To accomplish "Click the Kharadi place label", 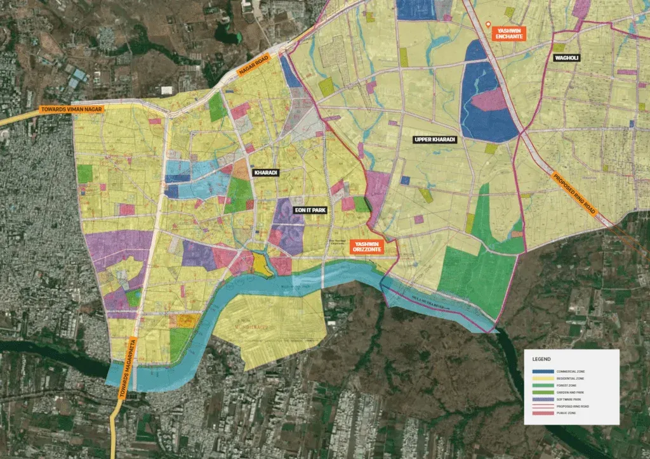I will click(x=267, y=172).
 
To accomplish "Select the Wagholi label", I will click(x=567, y=58).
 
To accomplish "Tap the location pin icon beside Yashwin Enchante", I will click(x=488, y=25).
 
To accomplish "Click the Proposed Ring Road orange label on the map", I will click(x=571, y=196).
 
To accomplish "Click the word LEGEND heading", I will click(x=541, y=359).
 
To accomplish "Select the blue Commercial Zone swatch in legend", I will click(x=543, y=372).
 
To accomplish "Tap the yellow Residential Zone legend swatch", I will click(x=543, y=378).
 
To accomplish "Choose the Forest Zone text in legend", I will click(x=566, y=385).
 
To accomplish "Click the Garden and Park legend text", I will click(x=570, y=392).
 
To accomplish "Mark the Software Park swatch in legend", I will click(x=543, y=399).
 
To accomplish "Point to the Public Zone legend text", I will click(x=566, y=413).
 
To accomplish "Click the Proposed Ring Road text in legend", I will click(x=573, y=406).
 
